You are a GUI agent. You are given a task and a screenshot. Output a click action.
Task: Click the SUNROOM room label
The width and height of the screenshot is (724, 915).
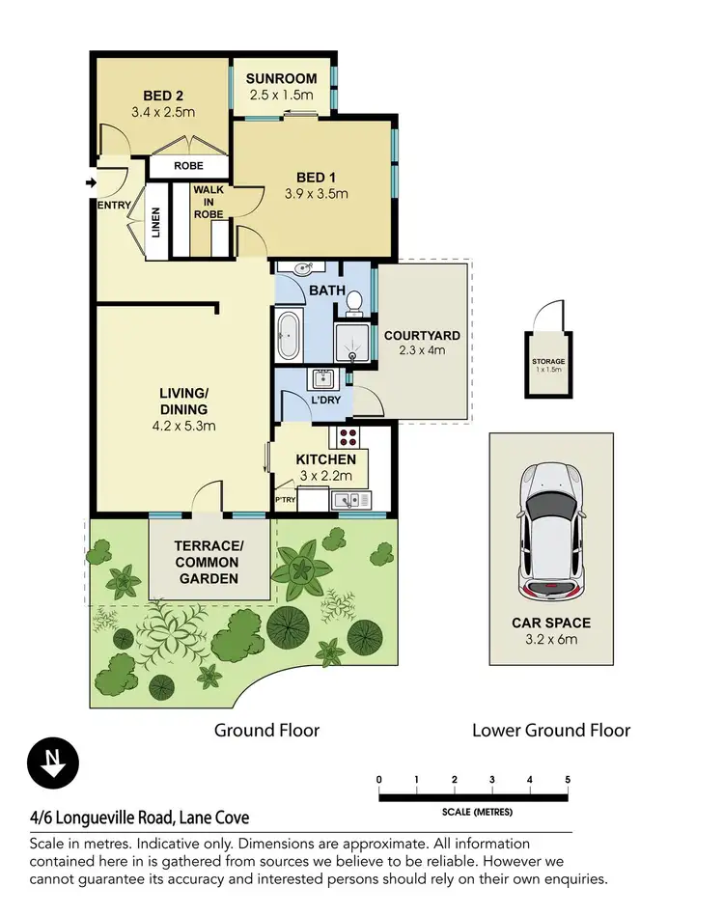[x=281, y=79]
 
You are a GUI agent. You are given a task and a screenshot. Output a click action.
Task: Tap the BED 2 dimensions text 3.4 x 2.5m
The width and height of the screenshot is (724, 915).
[x=163, y=112]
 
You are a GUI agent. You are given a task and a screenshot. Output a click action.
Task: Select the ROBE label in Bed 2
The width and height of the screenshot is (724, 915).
[x=188, y=166]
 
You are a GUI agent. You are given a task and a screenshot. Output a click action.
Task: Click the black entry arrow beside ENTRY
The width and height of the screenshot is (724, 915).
[x=91, y=182]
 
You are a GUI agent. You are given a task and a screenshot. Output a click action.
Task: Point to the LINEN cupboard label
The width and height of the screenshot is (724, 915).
[x=155, y=222]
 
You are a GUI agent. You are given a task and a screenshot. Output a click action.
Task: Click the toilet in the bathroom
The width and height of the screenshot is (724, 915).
[x=354, y=304]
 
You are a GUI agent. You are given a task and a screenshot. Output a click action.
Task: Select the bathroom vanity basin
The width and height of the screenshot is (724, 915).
[x=301, y=268]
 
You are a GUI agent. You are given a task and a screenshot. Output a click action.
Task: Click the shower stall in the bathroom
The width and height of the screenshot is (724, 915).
[x=351, y=343]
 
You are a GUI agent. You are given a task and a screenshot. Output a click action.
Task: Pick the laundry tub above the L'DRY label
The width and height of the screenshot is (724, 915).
[x=322, y=378]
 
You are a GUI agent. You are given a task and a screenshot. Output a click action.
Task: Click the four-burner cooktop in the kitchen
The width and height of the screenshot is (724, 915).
[x=348, y=437]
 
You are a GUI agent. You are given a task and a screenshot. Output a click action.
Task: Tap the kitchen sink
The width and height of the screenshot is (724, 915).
[x=351, y=500]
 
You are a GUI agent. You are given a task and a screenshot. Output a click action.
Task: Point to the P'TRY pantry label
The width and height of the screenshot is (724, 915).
[x=286, y=500]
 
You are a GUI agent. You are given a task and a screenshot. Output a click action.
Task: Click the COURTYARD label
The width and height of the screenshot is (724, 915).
[x=422, y=336]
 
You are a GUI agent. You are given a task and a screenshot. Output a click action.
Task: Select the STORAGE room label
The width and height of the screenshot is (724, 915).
[x=548, y=361]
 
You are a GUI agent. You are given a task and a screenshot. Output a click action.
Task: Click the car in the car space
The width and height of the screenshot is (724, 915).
[x=551, y=532]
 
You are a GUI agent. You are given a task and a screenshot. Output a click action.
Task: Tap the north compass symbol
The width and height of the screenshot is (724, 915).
[x=53, y=763]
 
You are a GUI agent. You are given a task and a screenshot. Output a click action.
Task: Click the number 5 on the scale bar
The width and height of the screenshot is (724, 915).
[x=568, y=780]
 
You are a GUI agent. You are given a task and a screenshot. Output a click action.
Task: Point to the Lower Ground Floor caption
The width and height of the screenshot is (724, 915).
[x=551, y=731]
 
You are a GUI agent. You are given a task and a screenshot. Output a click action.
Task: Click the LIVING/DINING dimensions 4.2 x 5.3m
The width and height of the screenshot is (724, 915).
[x=183, y=426]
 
